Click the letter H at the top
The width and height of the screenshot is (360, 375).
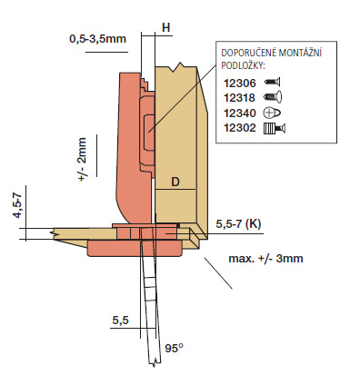166,27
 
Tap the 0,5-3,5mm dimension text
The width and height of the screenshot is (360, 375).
97,39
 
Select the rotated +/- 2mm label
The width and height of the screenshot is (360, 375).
82,159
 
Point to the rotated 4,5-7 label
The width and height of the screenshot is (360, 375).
18,205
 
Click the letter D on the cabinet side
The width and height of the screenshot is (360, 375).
175,182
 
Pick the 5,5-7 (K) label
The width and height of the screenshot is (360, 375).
238,224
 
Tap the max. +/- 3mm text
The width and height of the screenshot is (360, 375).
265,259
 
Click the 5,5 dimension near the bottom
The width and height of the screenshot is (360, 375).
121,320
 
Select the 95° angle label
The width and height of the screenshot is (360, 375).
174,348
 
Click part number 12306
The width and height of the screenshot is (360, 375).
240,83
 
